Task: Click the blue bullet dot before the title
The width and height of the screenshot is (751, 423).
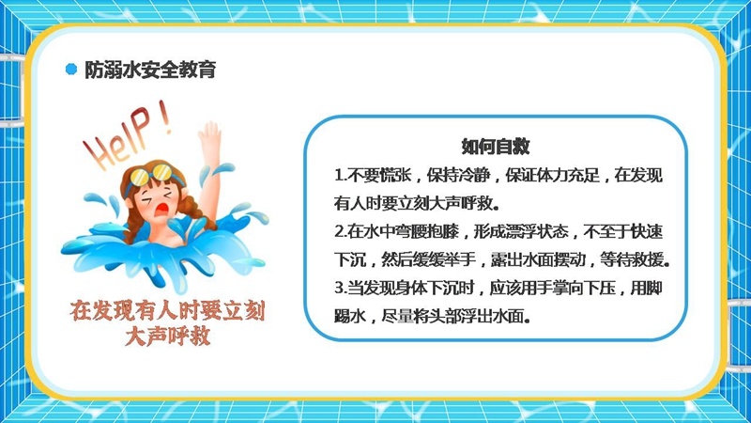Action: click(x=71, y=69)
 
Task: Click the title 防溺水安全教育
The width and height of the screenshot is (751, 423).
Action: click(x=150, y=70)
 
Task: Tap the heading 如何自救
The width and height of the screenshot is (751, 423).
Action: click(x=496, y=147)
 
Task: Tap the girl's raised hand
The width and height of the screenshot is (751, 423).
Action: click(x=209, y=136)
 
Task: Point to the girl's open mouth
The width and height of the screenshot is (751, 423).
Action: click(x=162, y=209)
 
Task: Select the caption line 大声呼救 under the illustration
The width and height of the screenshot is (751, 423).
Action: click(x=167, y=336)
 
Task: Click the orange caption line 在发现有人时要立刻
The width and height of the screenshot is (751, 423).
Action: click(x=167, y=311)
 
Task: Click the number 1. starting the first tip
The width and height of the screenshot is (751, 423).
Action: click(x=340, y=176)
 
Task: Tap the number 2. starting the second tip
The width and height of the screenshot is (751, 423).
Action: click(x=341, y=232)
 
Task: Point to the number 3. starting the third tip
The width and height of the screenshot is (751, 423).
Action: click(x=341, y=289)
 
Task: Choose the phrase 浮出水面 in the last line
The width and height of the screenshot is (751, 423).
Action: click(x=494, y=317)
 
